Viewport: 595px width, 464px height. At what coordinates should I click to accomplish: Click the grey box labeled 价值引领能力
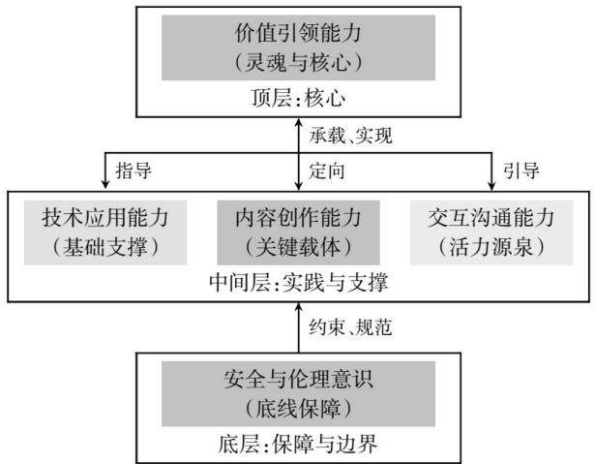298,47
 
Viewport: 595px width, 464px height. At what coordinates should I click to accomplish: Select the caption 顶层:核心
298,98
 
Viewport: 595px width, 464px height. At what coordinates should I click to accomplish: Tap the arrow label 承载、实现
350,136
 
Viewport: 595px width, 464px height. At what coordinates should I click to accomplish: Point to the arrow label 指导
134,170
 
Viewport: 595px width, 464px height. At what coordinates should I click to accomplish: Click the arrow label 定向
327,170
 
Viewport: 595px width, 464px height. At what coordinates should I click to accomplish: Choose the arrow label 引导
521,170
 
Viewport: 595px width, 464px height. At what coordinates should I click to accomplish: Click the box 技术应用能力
105,232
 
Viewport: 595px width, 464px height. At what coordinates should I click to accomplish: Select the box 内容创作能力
298,232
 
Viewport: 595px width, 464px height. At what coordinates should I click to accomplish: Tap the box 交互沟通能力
491,232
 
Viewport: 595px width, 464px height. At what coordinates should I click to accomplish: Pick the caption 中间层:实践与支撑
298,283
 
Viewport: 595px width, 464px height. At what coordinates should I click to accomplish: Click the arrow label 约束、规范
350,327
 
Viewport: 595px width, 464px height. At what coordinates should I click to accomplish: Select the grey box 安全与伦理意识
298,393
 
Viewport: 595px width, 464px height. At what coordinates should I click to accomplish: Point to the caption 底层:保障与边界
298,444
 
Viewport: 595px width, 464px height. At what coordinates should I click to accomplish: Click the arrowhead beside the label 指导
105,183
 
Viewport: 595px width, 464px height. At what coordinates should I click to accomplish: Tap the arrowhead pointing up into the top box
299,123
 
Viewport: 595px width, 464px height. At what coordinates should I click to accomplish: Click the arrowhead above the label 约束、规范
299,308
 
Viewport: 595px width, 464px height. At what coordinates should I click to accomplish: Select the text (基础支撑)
105,247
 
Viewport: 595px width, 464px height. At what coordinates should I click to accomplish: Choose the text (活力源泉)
491,247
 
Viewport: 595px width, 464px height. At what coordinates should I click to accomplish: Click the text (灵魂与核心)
298,62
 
